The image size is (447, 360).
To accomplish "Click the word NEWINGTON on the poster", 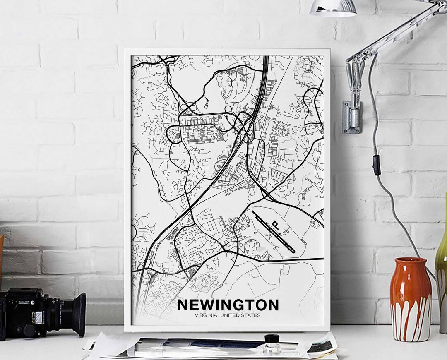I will point(228,305).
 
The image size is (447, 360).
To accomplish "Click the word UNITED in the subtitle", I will point(230,315).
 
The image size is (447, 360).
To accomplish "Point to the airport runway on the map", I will point(273,232).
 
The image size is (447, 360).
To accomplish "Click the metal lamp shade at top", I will point(333,8).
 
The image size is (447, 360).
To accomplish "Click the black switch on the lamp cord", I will point(377,165).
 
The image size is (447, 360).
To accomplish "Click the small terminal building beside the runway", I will point(275,225).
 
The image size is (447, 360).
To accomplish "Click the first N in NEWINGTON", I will point(183,305).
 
